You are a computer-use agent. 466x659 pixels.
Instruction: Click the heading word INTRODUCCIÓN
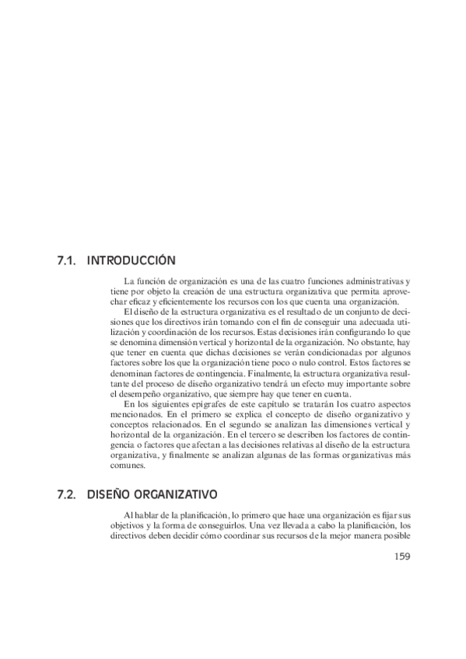(x=131, y=260)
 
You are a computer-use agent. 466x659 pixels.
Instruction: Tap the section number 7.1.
(x=66, y=260)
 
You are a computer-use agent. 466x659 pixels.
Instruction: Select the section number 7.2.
(x=66, y=493)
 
